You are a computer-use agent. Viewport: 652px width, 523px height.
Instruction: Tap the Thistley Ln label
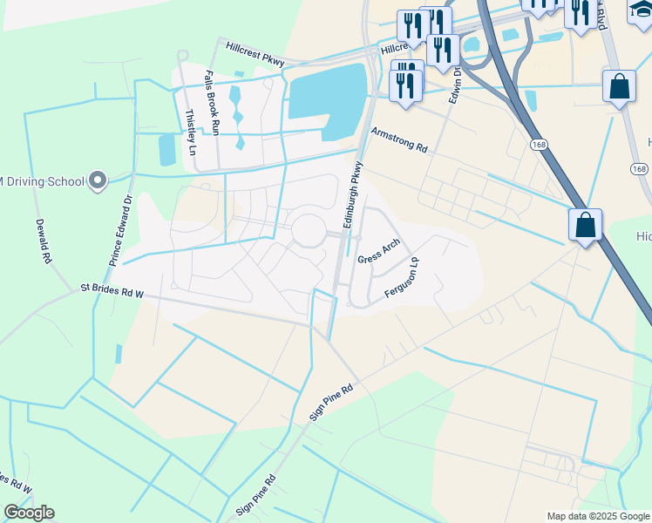tap(190, 131)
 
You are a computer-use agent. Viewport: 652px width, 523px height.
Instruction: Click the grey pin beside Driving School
tap(98, 181)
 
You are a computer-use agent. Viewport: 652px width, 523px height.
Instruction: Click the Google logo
tap(29, 513)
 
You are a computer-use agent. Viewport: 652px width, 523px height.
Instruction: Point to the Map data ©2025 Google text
tap(598, 516)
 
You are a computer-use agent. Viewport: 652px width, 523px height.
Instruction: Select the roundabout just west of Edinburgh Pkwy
tap(309, 231)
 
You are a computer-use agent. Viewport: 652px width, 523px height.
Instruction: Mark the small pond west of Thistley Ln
tap(167, 149)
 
